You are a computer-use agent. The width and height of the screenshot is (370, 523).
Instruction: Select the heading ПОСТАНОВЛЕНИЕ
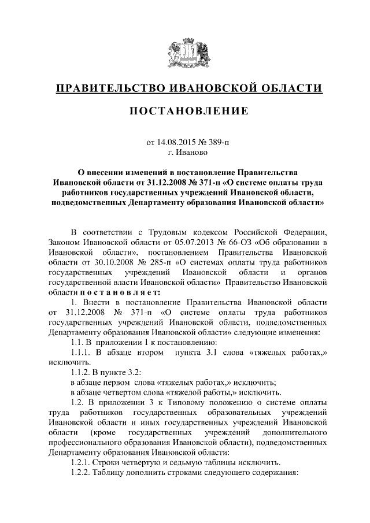coord(185,110)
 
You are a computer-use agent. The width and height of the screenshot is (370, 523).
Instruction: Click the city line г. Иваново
coord(184,153)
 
